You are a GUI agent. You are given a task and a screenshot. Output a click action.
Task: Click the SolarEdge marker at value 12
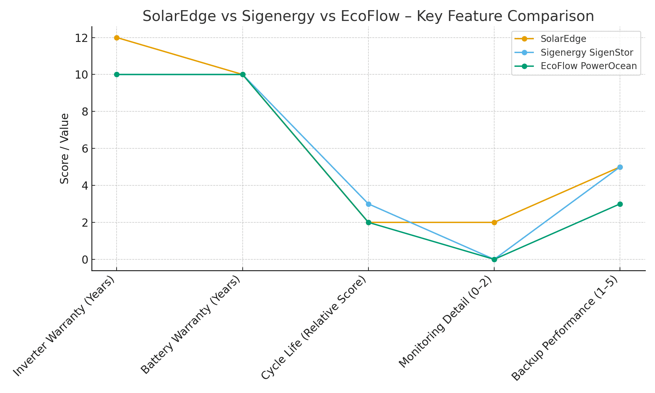coord(117,38)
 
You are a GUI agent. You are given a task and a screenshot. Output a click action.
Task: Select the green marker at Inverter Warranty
coord(117,75)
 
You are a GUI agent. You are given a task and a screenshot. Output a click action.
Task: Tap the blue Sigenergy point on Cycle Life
coord(368,204)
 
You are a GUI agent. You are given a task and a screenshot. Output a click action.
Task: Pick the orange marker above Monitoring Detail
coord(494,222)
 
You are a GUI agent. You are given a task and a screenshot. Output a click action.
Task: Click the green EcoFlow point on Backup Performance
coord(620,204)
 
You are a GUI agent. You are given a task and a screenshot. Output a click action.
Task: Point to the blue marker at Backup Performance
coord(620,167)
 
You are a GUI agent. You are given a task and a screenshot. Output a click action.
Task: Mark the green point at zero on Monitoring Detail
coord(494,259)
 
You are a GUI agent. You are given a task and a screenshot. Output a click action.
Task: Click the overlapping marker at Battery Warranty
coord(243,75)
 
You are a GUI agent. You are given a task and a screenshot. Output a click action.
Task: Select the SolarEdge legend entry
coord(563,39)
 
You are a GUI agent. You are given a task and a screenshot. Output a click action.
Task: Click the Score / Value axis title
coord(65,148)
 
